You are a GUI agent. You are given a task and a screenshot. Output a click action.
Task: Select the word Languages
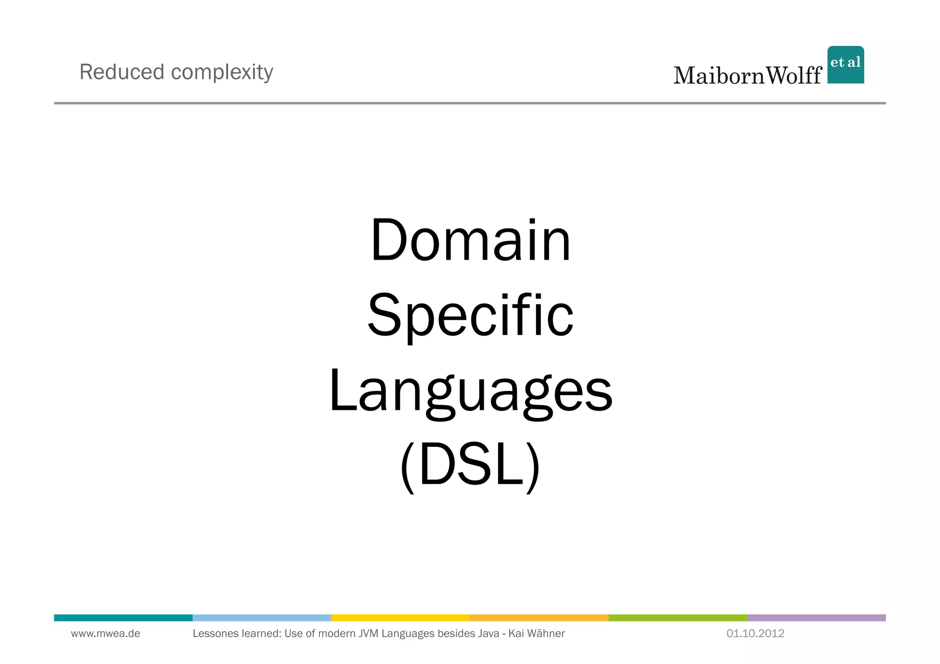point(470,392)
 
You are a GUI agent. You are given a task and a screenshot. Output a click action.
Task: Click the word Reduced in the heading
point(122,72)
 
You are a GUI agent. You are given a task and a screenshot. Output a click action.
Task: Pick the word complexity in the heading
point(222,73)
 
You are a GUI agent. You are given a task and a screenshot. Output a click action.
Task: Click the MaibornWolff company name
point(747,75)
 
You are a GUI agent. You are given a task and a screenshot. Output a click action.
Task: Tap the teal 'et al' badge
point(845,65)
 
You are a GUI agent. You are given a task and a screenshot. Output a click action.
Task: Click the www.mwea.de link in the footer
point(106,634)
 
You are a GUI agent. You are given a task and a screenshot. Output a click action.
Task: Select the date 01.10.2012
point(755,634)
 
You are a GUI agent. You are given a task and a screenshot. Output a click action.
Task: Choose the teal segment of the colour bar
point(123,618)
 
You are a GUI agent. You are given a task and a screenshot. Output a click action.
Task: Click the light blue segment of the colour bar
point(262,618)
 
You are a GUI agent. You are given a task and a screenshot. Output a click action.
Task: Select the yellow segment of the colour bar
point(400,618)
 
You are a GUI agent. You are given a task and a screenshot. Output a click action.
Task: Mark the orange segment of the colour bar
point(539,618)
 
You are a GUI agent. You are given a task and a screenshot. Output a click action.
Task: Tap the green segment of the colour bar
point(677,618)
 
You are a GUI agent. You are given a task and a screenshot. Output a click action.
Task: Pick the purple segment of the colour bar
point(816,618)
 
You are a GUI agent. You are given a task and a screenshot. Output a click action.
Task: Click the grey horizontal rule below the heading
point(470,103)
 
